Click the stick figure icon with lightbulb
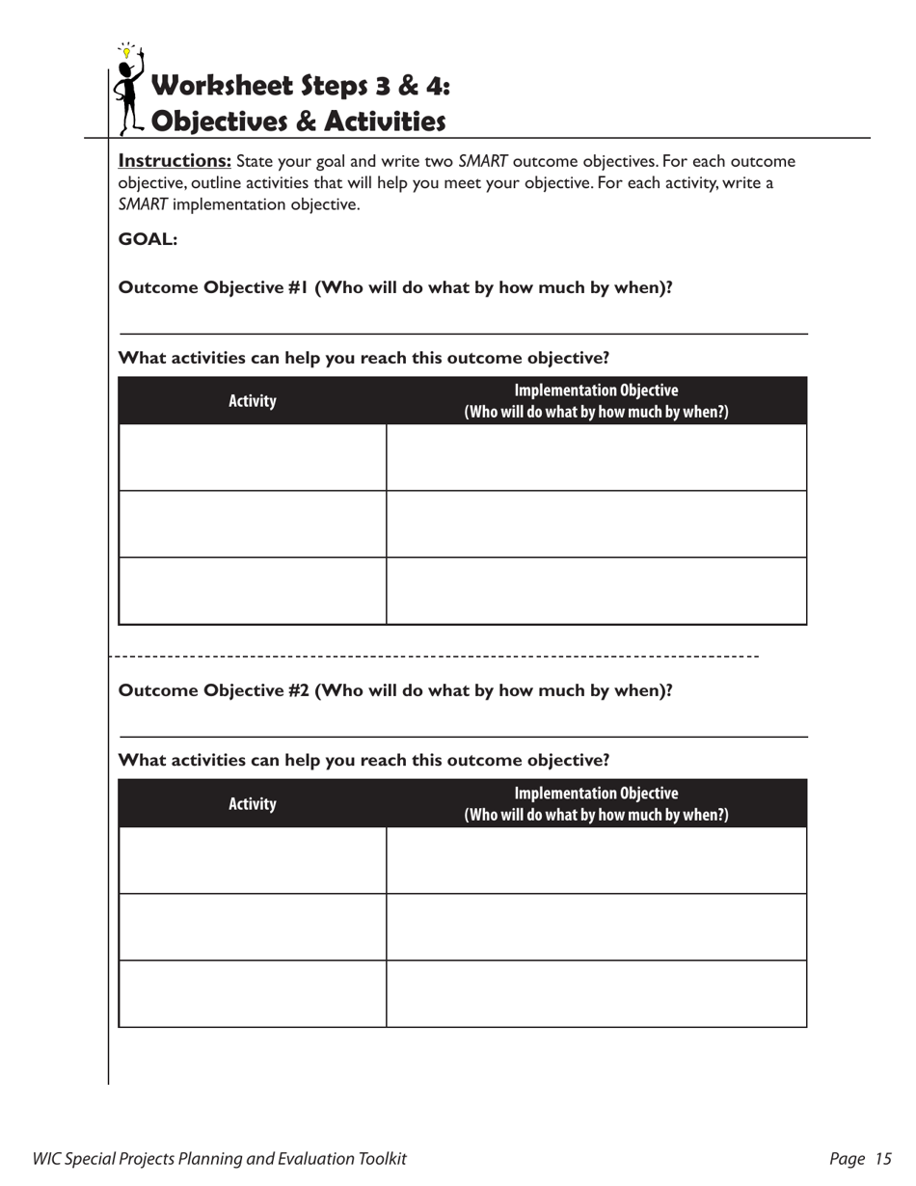tap(128, 90)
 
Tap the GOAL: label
tap(148, 239)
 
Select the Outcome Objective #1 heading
tap(394, 287)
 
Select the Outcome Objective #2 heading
tap(394, 690)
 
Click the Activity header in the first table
tap(252, 401)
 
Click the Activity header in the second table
tap(252, 804)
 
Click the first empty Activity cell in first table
tap(252, 458)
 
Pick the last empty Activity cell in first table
tap(252, 591)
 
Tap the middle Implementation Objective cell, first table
tap(596, 525)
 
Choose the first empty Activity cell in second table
tap(252, 861)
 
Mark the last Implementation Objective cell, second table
tap(596, 994)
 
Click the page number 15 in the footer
tap(883, 1160)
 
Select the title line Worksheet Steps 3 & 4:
tap(301, 86)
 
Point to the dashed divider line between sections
tap(434, 657)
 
